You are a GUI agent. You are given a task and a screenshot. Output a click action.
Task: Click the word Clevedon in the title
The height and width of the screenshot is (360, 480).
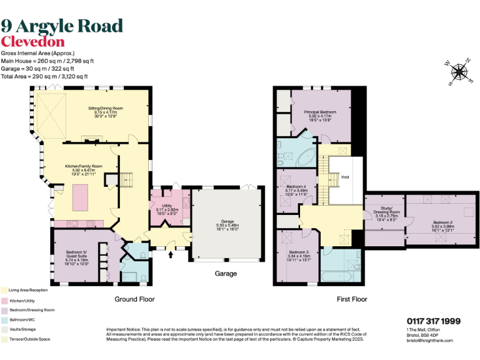coord(32,42)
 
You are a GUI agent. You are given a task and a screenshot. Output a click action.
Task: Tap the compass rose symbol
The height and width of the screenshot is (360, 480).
coord(459,72)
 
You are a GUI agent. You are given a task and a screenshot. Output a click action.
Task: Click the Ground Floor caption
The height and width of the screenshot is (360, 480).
coord(134,299)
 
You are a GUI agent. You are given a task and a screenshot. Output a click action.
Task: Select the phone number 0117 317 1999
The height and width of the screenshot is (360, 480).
coord(433,321)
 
